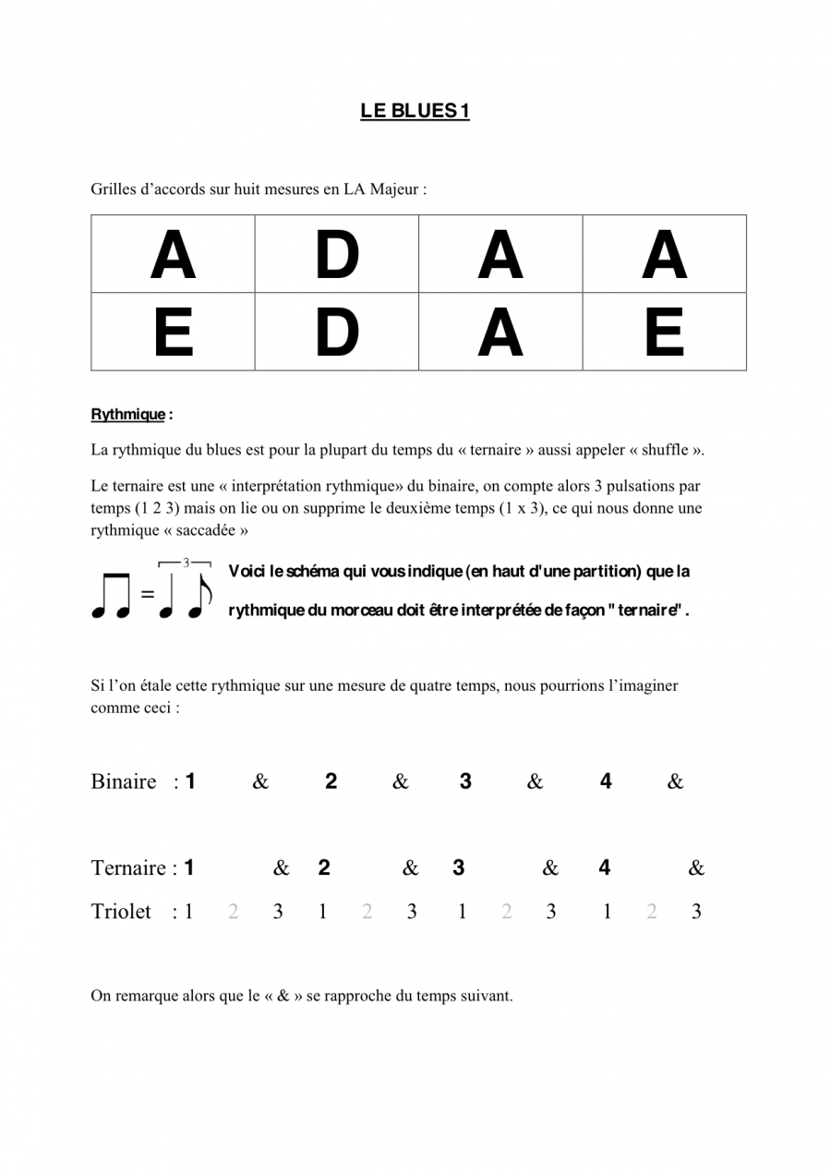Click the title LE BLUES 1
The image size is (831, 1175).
click(x=415, y=111)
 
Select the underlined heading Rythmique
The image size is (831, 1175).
click(x=127, y=415)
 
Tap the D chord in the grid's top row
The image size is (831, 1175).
click(x=336, y=255)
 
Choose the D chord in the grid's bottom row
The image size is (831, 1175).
click(x=336, y=333)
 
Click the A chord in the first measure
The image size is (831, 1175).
click(x=173, y=255)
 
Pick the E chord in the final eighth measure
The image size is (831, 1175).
click(x=664, y=333)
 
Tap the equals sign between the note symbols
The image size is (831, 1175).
click(x=148, y=595)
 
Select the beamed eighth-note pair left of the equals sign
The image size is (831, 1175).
click(x=111, y=595)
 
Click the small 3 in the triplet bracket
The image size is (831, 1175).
click(x=186, y=563)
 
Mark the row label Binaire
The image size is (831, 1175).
click(x=124, y=782)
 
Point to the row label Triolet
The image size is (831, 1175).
click(x=121, y=912)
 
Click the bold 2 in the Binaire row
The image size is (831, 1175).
click(x=331, y=781)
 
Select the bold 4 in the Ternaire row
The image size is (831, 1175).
click(x=604, y=867)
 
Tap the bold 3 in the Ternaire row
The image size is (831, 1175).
click(x=458, y=867)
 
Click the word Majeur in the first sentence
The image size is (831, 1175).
click(x=395, y=189)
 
